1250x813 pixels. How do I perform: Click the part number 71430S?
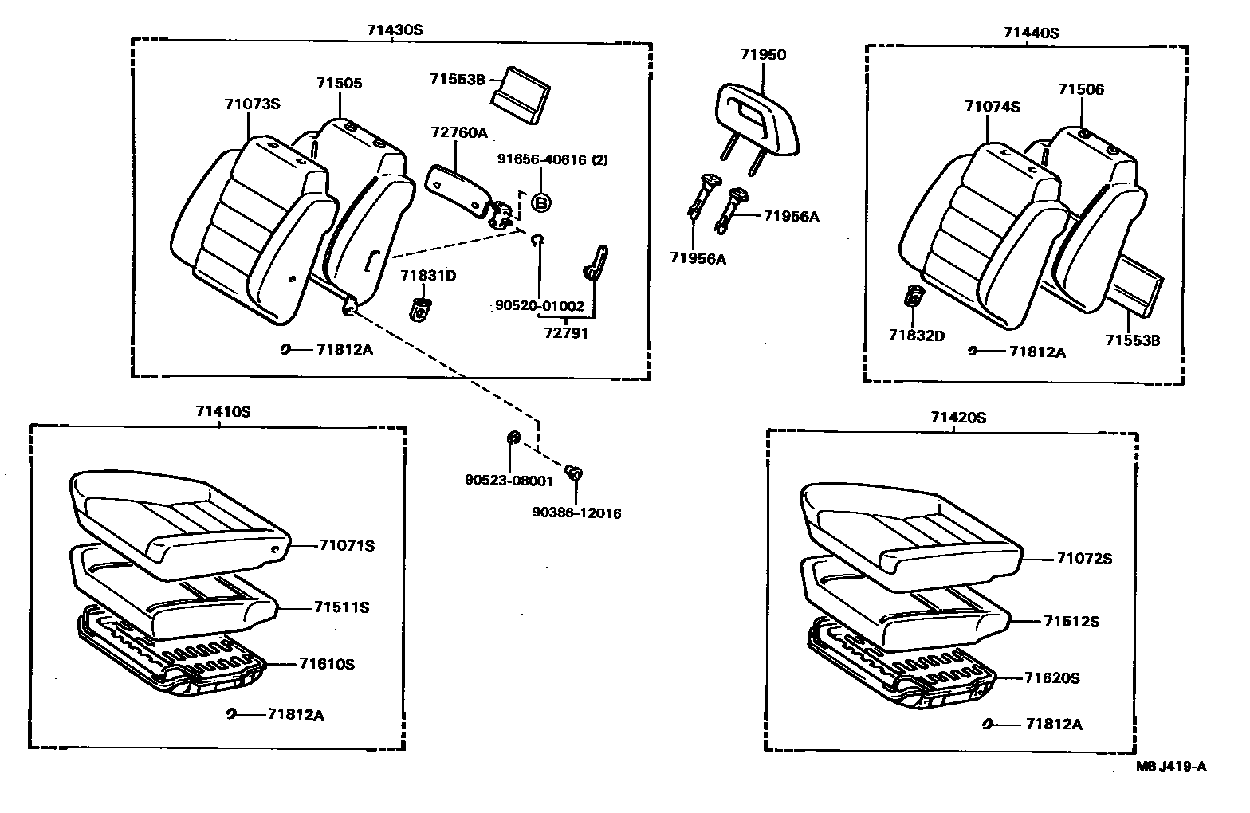394,29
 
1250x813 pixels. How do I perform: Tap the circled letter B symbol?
541,202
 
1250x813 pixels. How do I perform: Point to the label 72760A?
459,133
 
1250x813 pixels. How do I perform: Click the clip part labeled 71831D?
420,308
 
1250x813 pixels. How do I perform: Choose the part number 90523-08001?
509,481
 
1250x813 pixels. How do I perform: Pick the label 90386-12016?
576,513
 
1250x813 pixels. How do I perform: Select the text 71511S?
341,607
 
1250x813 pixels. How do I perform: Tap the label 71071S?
347,546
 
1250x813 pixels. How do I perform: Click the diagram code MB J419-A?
1171,767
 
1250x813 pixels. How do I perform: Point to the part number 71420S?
958,418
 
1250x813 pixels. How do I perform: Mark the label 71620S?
1051,678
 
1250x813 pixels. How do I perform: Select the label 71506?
1081,89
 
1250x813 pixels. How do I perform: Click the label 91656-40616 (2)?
552,159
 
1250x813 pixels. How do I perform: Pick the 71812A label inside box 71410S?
296,715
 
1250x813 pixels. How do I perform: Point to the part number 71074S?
992,107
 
